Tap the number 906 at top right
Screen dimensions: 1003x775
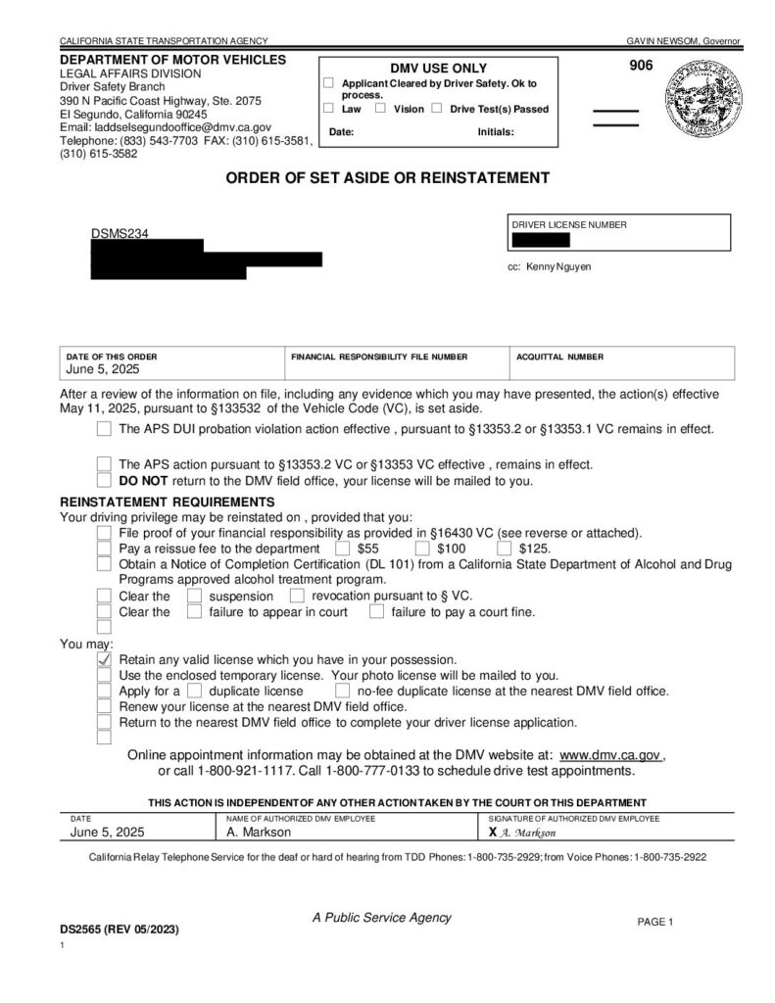coord(640,67)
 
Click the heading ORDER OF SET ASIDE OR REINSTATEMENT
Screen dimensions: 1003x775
coord(388,178)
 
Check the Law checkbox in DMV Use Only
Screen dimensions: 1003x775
coord(329,109)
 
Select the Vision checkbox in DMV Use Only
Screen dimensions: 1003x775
coord(381,109)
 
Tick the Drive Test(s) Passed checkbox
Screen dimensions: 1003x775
coord(437,109)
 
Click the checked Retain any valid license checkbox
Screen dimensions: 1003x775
coord(104,661)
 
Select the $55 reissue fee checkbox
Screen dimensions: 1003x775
coord(343,549)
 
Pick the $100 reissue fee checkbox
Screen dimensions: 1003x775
coord(422,549)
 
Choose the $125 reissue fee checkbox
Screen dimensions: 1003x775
coord(505,549)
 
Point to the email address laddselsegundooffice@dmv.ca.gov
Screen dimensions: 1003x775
coord(166,127)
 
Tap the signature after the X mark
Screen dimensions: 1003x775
coord(529,833)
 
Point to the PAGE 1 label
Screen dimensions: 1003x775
coord(655,922)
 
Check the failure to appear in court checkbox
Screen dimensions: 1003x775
coord(194,612)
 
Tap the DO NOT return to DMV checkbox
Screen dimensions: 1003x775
coord(104,481)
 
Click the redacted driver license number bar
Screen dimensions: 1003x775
coord(540,240)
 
